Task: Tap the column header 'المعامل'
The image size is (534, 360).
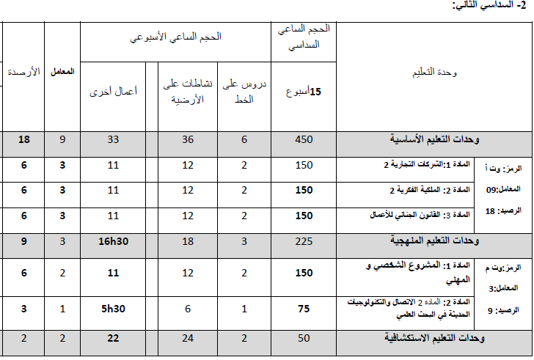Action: [x=62, y=73]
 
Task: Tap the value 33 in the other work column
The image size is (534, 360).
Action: [x=113, y=140]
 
